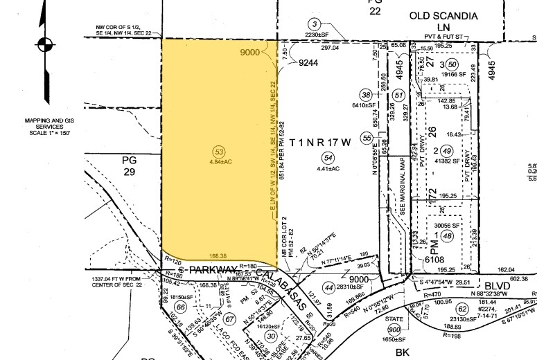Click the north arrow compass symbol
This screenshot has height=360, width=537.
tap(46, 45)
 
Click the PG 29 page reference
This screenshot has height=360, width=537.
tap(130, 167)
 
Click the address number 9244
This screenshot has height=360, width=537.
tap(310, 62)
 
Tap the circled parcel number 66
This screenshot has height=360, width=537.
tap(181, 308)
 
